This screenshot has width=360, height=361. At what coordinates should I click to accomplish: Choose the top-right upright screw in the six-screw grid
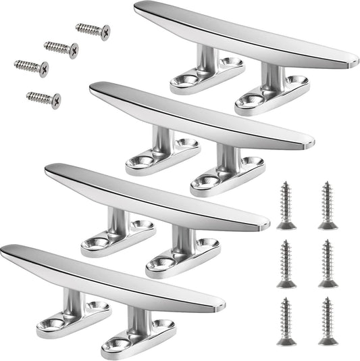tap(328, 203)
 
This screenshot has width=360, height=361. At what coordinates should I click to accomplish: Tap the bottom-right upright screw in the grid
tap(328, 320)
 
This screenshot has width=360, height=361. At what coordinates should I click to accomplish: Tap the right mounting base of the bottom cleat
tap(138, 341)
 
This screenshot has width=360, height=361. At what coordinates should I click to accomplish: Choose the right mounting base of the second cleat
tap(226, 178)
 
